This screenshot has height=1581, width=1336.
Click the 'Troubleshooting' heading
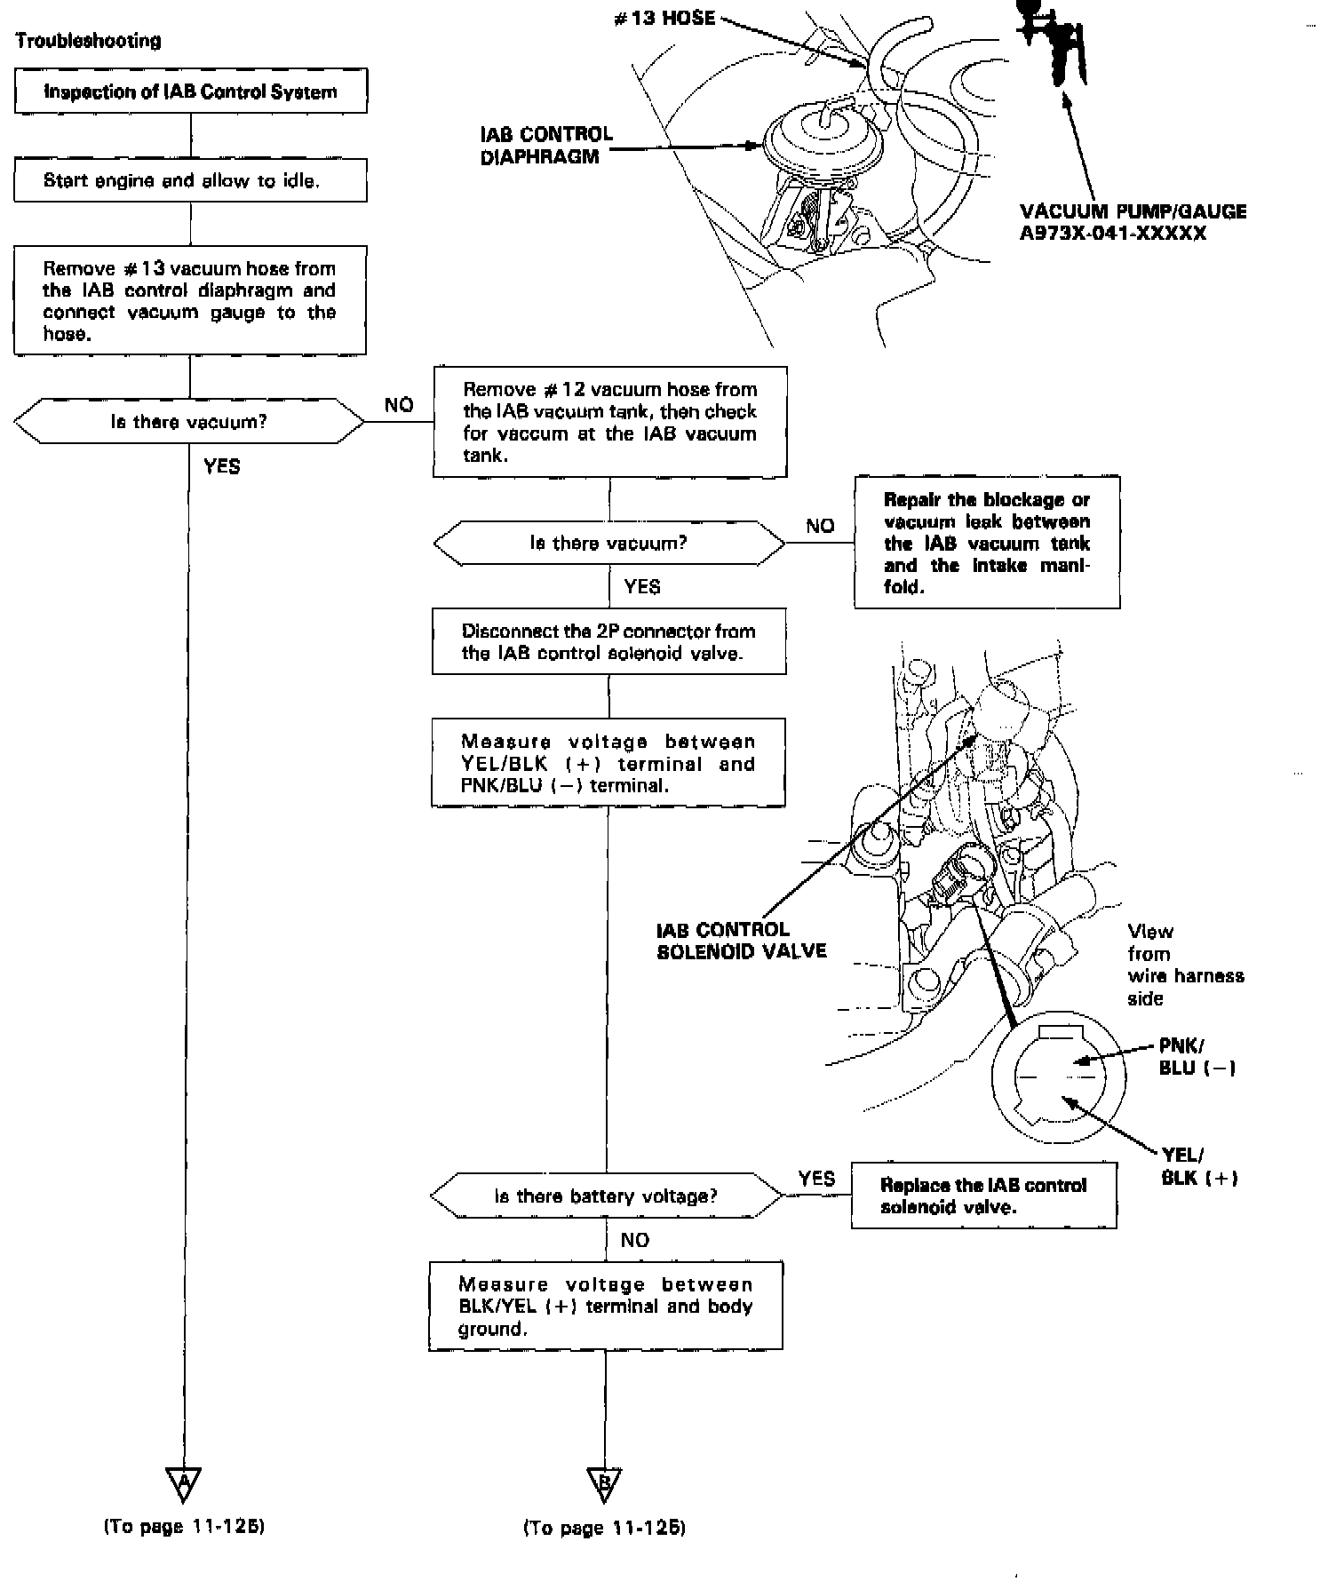[88, 41]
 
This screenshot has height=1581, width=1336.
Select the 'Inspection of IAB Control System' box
[190, 91]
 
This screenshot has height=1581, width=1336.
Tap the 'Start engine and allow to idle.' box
[190, 180]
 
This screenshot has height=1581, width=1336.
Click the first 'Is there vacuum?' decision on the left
[189, 422]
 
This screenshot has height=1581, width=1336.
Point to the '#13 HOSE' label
[664, 19]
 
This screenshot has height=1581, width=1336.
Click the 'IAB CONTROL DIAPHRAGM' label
[545, 146]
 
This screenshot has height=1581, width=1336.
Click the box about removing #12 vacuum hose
[609, 422]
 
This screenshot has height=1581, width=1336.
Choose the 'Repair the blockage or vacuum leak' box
[987, 543]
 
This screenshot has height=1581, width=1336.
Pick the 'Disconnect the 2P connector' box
[608, 641]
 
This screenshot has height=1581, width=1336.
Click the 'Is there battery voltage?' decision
[607, 1196]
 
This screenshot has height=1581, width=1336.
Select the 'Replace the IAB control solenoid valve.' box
[983, 1196]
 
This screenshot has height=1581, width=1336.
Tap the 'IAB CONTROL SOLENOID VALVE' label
[741, 941]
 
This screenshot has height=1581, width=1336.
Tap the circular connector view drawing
[1059, 1077]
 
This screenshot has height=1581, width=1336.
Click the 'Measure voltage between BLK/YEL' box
[606, 1307]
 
